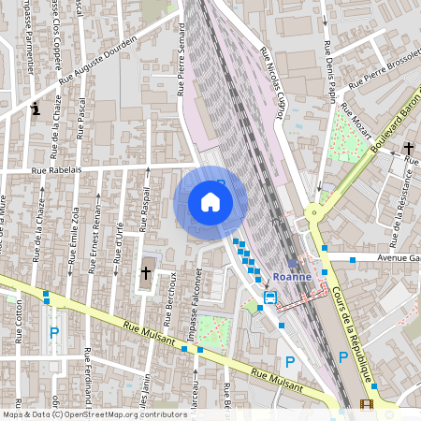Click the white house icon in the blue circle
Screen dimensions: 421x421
[x=210, y=201]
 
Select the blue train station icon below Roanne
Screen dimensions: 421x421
[x=269, y=298]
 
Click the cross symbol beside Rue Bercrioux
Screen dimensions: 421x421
[x=145, y=273]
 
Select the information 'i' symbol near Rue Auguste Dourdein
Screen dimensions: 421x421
[x=36, y=109]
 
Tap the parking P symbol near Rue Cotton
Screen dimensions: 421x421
[x=54, y=332]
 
